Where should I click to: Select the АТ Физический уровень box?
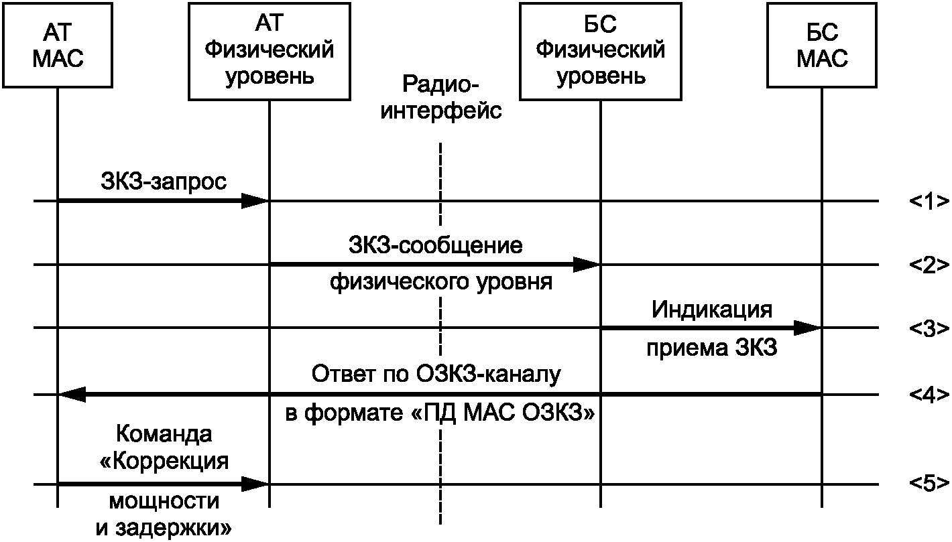269,51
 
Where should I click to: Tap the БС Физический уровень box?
601,51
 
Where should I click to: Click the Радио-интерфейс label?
440,97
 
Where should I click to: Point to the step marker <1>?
929,201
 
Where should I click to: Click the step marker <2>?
929,265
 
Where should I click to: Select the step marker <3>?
929,328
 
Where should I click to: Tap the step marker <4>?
929,395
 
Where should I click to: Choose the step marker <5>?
929,483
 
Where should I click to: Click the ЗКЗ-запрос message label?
164,181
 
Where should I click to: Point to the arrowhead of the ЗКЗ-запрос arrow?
256,200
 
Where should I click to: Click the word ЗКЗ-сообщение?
435,245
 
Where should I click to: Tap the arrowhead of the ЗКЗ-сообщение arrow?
587,265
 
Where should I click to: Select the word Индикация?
711,310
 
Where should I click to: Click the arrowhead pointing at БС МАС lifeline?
809,328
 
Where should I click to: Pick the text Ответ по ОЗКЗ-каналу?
436,374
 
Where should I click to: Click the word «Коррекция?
164,462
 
